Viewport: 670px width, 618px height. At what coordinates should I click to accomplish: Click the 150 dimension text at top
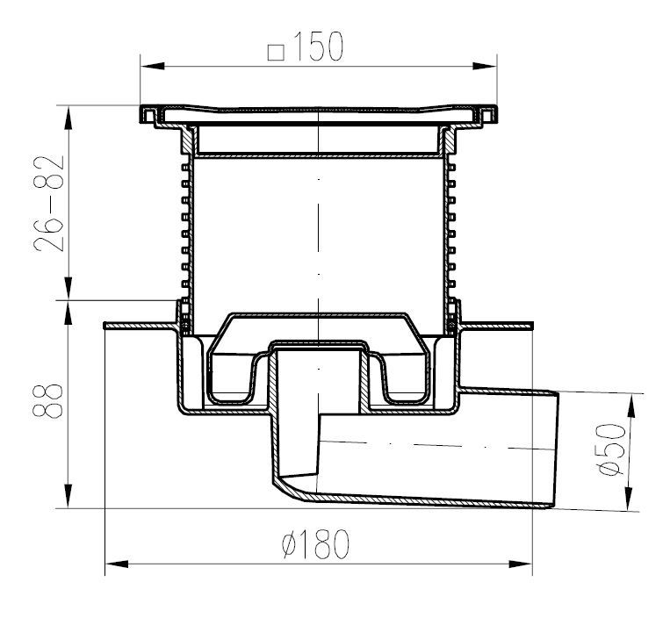319,47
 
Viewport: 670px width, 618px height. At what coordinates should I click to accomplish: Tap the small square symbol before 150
276,52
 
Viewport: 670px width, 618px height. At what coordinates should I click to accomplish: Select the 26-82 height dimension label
49,204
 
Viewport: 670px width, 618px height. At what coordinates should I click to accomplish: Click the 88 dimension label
47,400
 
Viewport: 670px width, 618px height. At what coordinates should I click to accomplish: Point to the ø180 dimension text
316,544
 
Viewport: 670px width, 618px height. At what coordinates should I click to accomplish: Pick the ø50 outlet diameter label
612,449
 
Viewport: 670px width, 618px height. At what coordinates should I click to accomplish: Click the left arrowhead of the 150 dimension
153,66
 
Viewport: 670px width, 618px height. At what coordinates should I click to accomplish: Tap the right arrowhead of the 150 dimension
485,66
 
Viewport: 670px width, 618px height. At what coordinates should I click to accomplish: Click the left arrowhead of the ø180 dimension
117,564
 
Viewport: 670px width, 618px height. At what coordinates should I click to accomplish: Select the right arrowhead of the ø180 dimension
521,564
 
